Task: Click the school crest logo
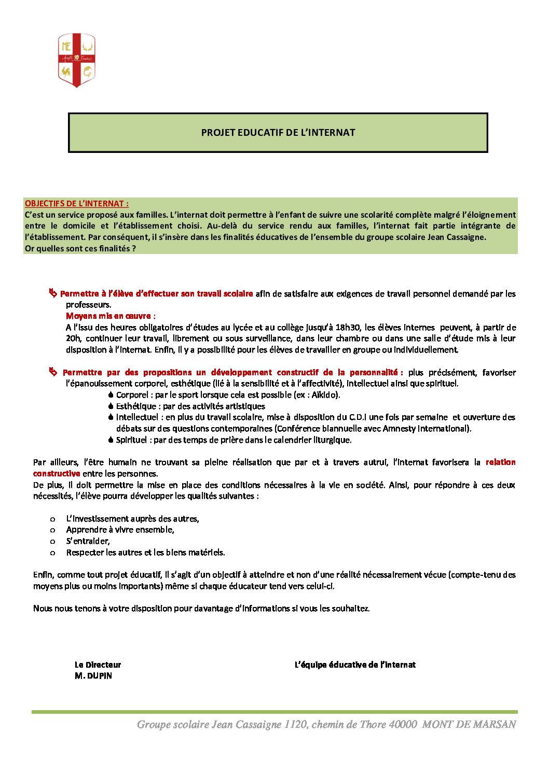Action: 76,60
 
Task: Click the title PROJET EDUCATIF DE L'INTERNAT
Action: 278,133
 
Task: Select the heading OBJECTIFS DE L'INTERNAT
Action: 76,204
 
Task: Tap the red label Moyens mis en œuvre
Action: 110,316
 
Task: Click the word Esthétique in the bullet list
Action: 136,406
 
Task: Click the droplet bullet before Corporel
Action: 111,395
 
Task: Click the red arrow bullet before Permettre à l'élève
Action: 53,294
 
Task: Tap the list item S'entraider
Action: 88,541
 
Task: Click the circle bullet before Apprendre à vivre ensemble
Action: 52,530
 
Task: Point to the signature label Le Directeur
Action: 98,665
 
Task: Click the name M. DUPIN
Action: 93,676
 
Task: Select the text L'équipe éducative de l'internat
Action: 355,665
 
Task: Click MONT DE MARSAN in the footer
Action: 469,725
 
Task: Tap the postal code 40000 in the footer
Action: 403,725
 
